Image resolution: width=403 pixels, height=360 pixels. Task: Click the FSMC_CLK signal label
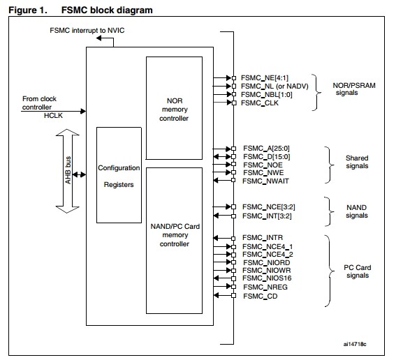click(x=260, y=103)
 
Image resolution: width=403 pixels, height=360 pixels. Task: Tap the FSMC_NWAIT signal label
click(x=265, y=181)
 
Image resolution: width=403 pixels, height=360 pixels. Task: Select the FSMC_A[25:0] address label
click(x=266, y=149)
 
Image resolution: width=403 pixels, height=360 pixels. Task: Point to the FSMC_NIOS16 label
click(x=267, y=278)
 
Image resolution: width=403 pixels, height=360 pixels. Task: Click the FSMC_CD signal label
click(x=260, y=297)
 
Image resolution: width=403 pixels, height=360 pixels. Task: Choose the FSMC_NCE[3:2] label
click(x=269, y=207)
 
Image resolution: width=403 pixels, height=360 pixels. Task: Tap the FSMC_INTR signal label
click(x=263, y=238)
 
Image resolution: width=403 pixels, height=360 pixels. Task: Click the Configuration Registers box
click(x=119, y=175)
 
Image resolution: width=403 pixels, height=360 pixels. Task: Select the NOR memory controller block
click(x=174, y=108)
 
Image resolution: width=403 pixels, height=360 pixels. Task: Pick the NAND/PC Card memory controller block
click(x=174, y=241)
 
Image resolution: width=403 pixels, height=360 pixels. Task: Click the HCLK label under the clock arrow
click(x=53, y=116)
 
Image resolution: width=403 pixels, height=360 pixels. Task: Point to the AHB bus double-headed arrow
click(x=67, y=171)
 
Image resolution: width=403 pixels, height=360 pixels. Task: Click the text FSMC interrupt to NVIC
click(x=87, y=30)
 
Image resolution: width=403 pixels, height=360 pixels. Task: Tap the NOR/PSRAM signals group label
click(x=354, y=89)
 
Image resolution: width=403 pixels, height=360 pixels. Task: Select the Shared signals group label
click(x=357, y=162)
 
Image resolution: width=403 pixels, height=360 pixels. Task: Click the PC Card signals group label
click(x=357, y=271)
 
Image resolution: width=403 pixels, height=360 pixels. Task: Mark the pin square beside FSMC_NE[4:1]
click(x=234, y=78)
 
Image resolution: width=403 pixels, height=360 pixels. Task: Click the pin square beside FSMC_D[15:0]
click(x=233, y=157)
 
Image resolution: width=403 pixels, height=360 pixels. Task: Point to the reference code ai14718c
click(x=355, y=344)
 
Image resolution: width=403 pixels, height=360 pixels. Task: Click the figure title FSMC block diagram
click(x=107, y=10)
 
